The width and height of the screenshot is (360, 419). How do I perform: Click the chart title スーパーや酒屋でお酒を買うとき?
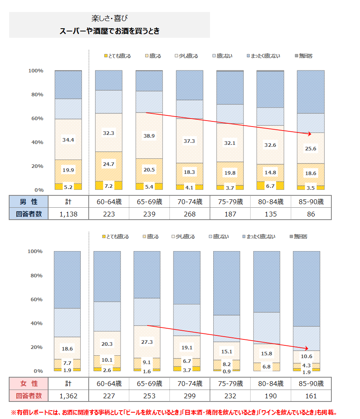(109, 31)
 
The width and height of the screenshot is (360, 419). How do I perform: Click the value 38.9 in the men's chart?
(149, 136)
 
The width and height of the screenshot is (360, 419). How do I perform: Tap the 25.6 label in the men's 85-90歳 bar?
(311, 149)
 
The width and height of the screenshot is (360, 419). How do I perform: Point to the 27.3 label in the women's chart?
(147, 342)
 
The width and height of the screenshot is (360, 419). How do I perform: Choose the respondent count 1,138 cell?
(68, 214)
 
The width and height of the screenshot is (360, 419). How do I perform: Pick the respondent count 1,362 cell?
(68, 396)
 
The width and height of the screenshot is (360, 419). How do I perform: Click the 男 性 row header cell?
(29, 202)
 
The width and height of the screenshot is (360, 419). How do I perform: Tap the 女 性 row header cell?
(29, 384)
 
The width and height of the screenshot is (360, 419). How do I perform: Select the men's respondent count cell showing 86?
(311, 214)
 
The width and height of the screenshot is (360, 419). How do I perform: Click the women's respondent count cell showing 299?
(187, 396)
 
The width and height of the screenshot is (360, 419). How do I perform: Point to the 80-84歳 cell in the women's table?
(270, 384)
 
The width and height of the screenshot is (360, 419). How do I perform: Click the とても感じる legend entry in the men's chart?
(117, 56)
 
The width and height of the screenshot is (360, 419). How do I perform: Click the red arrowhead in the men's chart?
(309, 134)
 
